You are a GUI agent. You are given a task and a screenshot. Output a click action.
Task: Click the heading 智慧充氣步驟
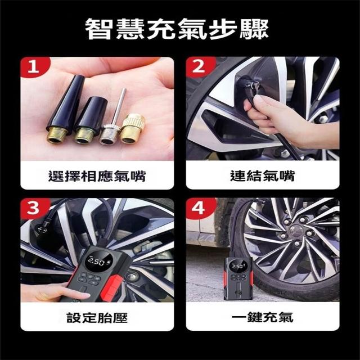(x=177, y=29)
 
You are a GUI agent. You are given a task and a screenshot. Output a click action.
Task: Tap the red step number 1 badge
(x=34, y=67)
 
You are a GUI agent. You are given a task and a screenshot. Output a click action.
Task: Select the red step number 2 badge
(x=200, y=67)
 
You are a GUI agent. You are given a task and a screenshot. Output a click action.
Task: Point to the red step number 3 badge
(x=34, y=208)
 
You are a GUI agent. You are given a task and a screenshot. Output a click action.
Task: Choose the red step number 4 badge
(x=200, y=208)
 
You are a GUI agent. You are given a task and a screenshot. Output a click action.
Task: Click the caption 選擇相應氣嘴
(x=97, y=176)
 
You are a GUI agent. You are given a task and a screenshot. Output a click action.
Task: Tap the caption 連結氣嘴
(x=263, y=176)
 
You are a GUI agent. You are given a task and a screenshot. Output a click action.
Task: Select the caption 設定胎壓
(x=97, y=318)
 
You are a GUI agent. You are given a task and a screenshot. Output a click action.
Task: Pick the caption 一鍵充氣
(x=263, y=317)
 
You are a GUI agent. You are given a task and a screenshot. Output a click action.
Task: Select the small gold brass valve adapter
(x=133, y=129)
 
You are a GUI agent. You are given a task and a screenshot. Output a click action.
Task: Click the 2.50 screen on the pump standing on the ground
(x=238, y=266)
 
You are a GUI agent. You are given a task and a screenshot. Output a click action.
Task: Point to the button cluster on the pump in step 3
(x=90, y=278)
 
